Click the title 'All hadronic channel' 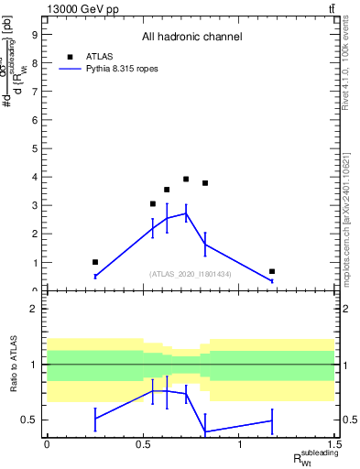(x=191, y=37)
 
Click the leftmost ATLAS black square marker (x=95, y=262)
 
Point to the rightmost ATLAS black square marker (x=272, y=271)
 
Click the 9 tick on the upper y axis (x=38, y=35)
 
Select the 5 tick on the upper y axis (x=38, y=148)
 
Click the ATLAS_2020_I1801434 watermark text (x=191, y=274)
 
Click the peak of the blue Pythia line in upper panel (x=186, y=213)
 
